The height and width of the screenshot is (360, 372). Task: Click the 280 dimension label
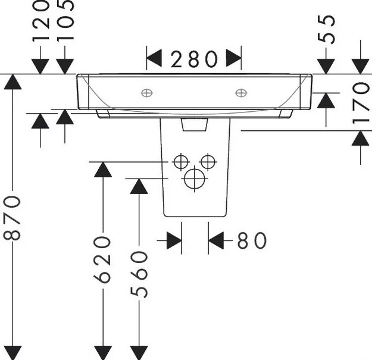click(194, 59)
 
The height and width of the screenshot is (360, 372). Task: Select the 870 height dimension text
click(12, 218)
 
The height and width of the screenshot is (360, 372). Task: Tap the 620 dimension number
click(102, 259)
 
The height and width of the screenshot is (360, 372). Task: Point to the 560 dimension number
click(139, 275)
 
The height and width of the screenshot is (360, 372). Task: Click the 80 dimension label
click(252, 240)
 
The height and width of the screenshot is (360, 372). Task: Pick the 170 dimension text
click(361, 103)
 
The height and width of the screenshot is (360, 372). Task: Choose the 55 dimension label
click(326, 29)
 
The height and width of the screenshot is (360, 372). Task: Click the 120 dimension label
click(40, 21)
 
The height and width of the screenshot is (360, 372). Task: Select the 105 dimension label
click(65, 21)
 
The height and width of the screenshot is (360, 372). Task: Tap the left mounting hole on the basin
click(147, 93)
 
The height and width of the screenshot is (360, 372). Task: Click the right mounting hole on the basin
click(241, 93)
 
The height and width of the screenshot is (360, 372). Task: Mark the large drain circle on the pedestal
click(195, 179)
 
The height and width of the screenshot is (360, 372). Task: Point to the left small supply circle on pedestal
click(181, 162)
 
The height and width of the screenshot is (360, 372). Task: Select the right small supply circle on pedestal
click(208, 162)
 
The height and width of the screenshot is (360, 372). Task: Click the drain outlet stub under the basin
click(195, 124)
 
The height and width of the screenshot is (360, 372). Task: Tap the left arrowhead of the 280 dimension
click(154, 58)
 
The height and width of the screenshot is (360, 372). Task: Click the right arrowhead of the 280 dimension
click(234, 58)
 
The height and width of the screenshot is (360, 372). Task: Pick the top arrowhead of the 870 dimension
click(12, 82)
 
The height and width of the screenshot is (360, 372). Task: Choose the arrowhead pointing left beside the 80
click(216, 241)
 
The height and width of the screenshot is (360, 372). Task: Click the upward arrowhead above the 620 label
click(103, 170)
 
